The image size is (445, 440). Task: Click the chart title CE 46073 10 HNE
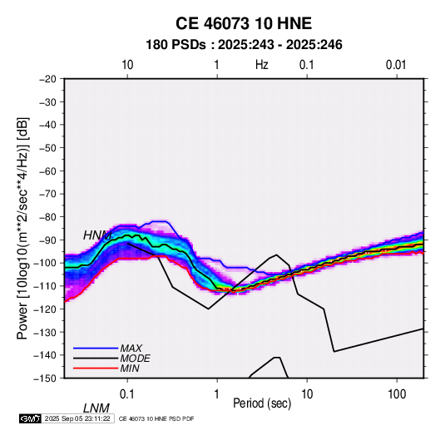click(244, 23)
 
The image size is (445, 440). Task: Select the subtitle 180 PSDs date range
click(244, 45)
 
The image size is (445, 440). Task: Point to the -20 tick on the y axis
click(47, 79)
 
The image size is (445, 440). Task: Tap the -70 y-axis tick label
click(47, 194)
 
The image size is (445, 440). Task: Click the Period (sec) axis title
click(262, 403)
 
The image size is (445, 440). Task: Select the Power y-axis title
click(22, 229)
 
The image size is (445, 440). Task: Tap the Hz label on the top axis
click(262, 65)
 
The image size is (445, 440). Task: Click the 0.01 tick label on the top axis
click(396, 65)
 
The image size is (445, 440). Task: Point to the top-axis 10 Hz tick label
click(127, 65)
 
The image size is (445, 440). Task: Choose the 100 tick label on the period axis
click(397, 394)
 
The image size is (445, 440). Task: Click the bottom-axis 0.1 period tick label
click(127, 394)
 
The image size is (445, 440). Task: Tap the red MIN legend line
click(96, 368)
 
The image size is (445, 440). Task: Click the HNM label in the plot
click(97, 235)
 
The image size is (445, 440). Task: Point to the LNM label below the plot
click(96, 408)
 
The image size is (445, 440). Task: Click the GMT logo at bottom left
click(30, 418)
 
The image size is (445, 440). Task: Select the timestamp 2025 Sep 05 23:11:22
click(77, 418)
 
